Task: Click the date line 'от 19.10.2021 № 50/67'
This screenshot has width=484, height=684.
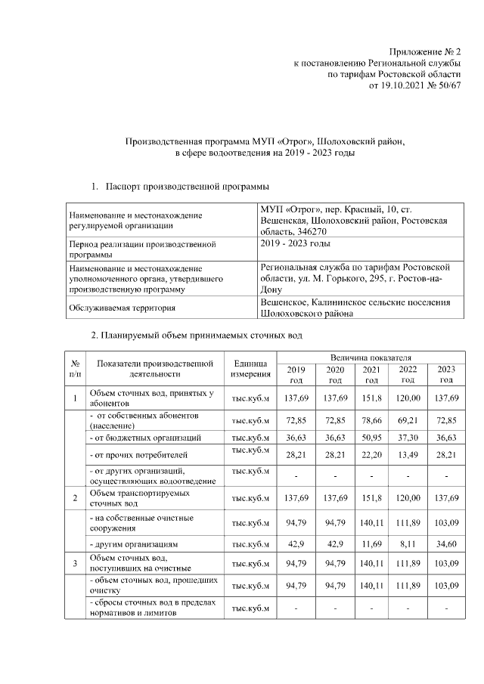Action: (414, 86)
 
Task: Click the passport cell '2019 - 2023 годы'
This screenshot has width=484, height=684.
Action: (295, 243)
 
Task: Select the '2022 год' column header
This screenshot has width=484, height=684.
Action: (408, 374)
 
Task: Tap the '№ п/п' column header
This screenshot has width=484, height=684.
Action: (76, 368)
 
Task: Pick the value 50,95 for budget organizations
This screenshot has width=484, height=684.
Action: (371, 438)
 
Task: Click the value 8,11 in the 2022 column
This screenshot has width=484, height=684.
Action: (408, 543)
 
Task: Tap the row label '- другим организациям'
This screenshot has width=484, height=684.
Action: (135, 543)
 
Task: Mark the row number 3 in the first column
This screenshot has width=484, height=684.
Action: (76, 562)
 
